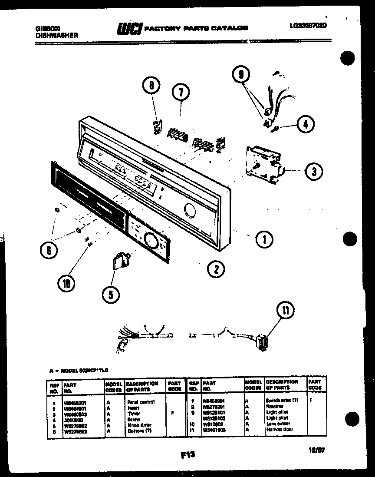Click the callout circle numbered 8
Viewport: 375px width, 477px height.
pyautogui.click(x=151, y=86)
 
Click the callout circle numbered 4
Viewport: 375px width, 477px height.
pyautogui.click(x=306, y=124)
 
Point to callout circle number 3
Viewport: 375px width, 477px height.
pyautogui.click(x=314, y=171)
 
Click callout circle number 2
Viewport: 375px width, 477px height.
pyautogui.click(x=216, y=269)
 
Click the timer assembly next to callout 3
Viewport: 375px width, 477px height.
pyautogui.click(x=262, y=163)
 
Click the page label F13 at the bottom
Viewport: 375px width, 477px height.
pyautogui.click(x=187, y=454)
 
